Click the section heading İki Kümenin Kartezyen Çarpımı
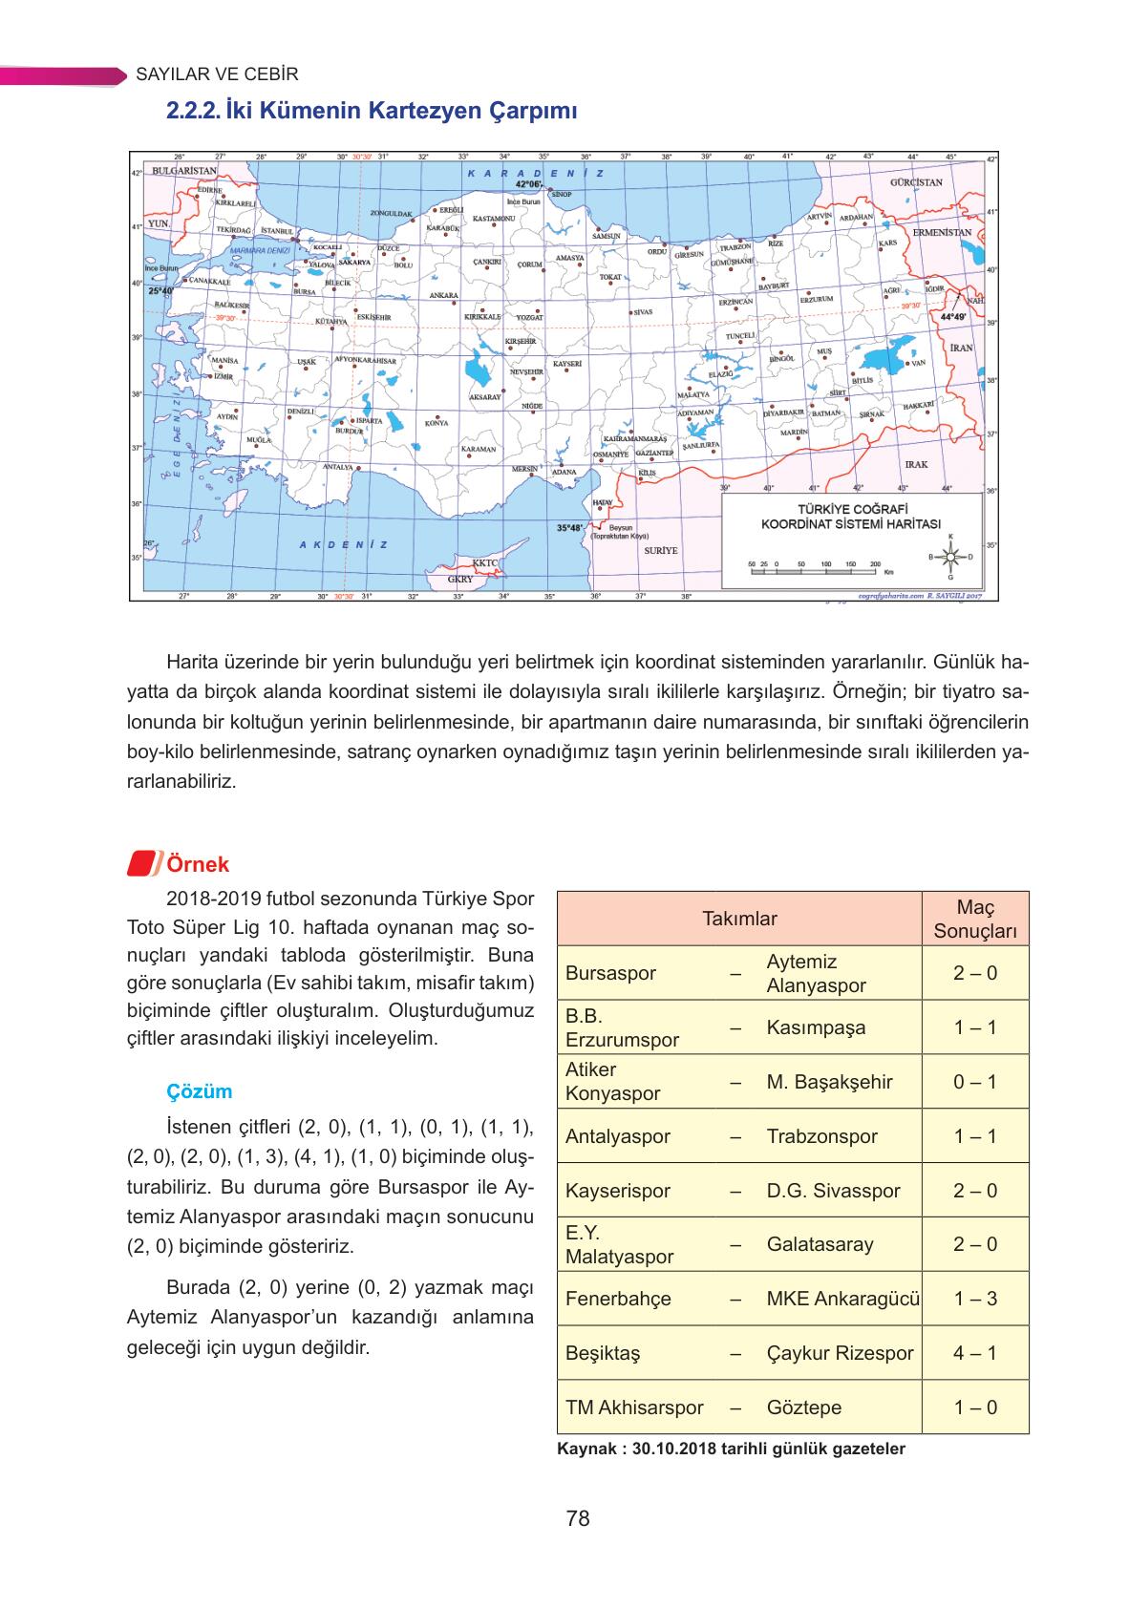pyautogui.click(x=372, y=112)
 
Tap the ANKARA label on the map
pyautogui.click(x=443, y=295)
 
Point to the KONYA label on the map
pyautogui.click(x=437, y=424)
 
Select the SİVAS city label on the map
pyautogui.click(x=642, y=312)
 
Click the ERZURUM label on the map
pyautogui.click(x=817, y=299)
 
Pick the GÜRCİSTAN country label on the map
pyautogui.click(x=916, y=182)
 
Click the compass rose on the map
pyautogui.click(x=949, y=556)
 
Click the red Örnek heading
pyautogui.click(x=197, y=864)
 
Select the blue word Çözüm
pyautogui.click(x=199, y=1091)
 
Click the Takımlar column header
pyautogui.click(x=739, y=919)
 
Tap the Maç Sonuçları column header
pyautogui.click(x=974, y=919)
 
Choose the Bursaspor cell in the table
pyautogui.click(x=610, y=973)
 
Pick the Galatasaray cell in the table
pyautogui.click(x=820, y=1244)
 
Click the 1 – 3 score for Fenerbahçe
pyautogui.click(x=974, y=1299)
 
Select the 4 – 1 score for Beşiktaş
pyautogui.click(x=974, y=1353)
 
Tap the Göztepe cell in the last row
pyautogui.click(x=803, y=1407)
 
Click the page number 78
pyautogui.click(x=577, y=1518)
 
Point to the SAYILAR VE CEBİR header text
pyautogui.click(x=217, y=74)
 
